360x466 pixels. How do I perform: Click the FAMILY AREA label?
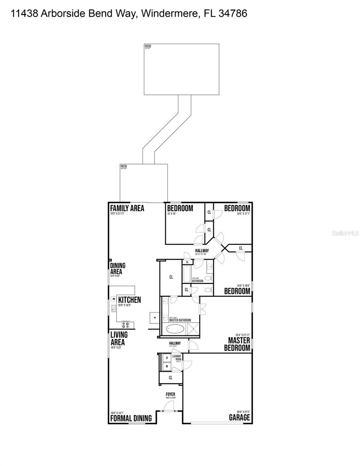127,208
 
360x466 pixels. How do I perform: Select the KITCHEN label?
129,300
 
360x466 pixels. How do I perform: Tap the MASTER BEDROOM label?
237,344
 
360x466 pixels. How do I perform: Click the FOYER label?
170,394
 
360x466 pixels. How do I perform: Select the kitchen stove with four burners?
126,324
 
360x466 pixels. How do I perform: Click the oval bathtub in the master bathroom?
176,330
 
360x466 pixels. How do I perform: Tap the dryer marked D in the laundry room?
167,358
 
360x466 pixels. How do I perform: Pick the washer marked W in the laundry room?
167,366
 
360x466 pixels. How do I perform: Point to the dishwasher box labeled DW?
113,299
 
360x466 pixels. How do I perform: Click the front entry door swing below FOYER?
169,406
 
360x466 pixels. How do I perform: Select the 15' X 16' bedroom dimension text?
172,214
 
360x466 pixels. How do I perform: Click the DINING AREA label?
118,269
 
